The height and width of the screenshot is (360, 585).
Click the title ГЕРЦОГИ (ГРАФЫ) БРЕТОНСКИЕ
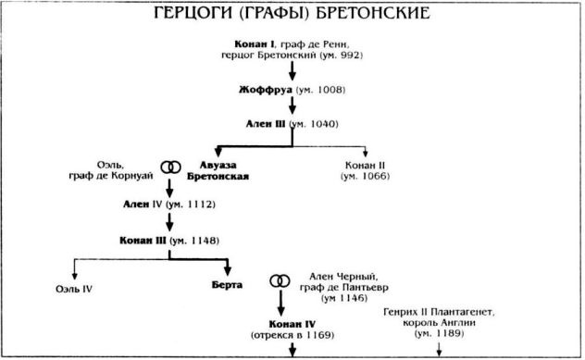click(292, 16)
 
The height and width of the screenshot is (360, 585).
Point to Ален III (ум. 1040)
click(292, 123)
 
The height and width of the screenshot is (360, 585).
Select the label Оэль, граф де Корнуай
click(118, 170)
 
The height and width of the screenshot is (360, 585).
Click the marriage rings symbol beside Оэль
click(169, 166)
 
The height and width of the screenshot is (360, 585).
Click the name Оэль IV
click(73, 288)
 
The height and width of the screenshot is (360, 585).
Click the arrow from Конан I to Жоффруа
click(292, 70)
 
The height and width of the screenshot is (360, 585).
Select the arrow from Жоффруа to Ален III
click(292, 106)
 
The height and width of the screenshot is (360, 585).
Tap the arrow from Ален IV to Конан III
click(169, 221)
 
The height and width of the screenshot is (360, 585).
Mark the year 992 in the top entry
click(349, 56)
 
